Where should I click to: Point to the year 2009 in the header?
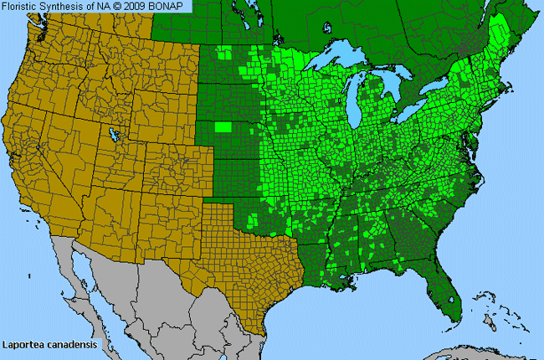(x=141, y=7)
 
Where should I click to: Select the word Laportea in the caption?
(x=23, y=344)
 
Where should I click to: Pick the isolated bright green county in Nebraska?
(x=223, y=127)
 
